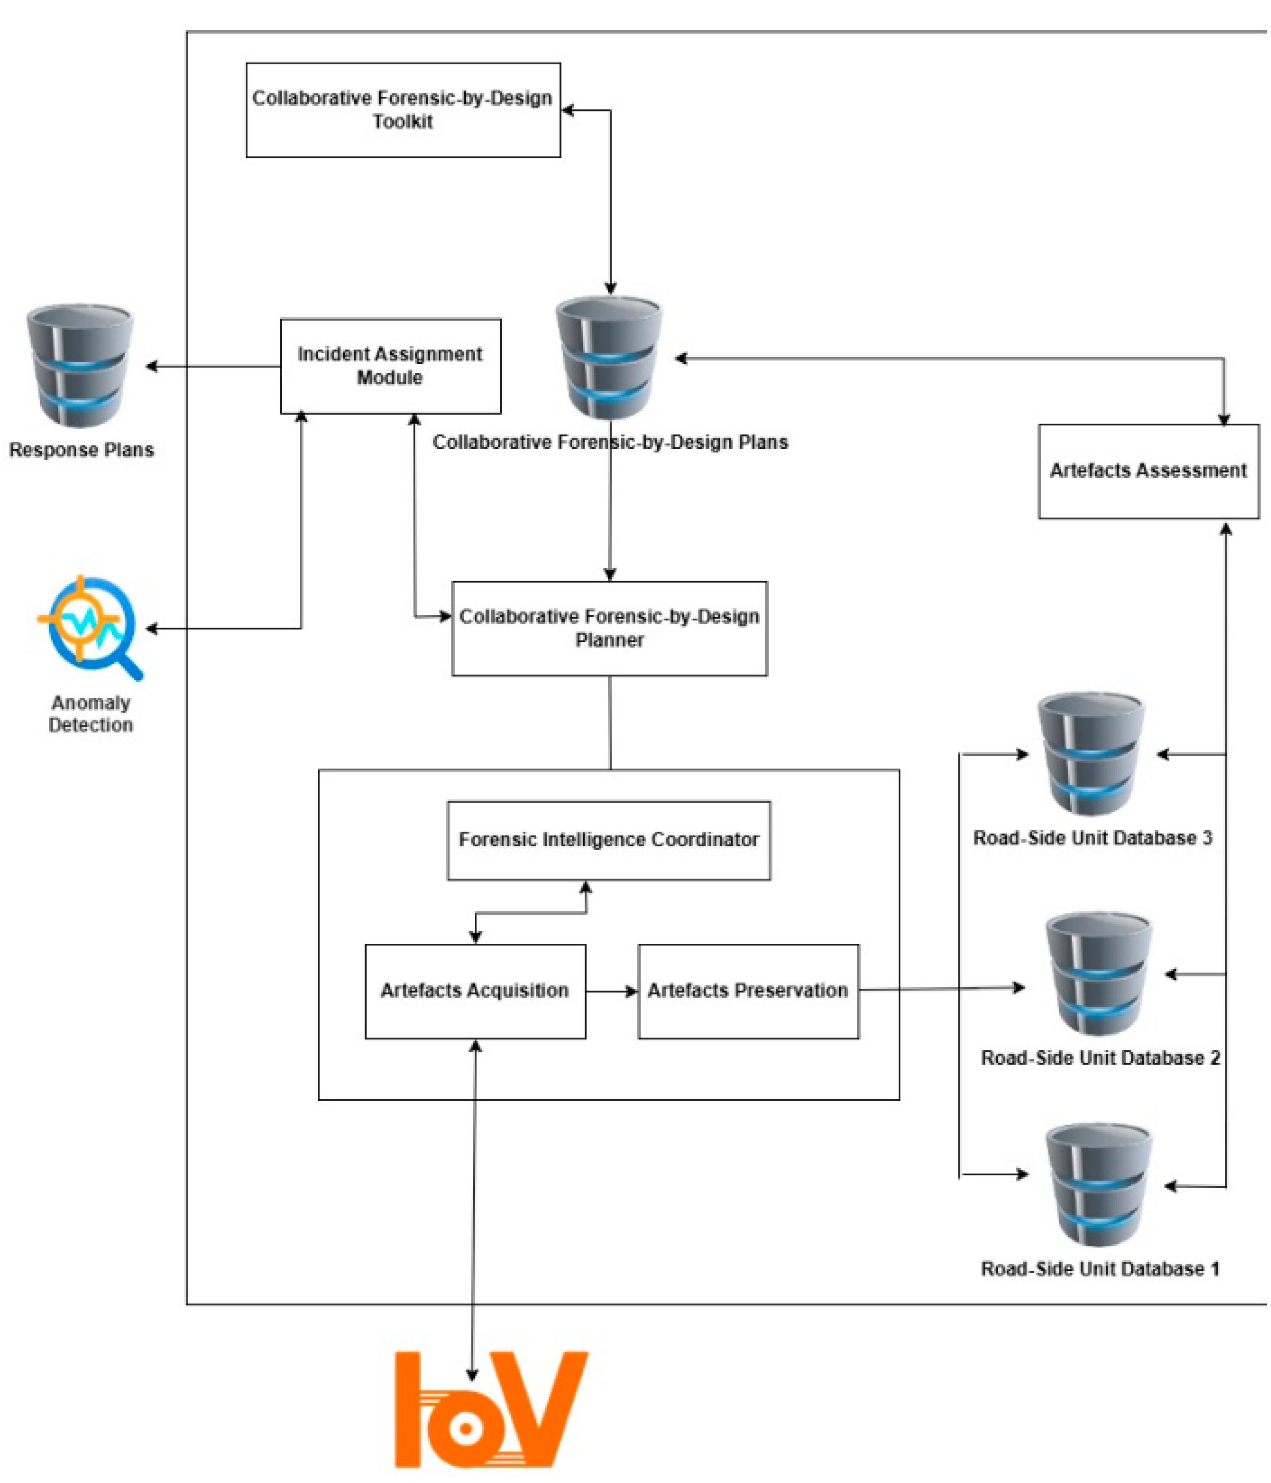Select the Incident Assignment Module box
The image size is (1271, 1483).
point(390,366)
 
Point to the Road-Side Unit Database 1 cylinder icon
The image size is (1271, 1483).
point(1097,1185)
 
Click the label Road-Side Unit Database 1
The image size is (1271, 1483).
point(1099,1268)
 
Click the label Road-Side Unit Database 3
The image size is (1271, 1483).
point(1092,838)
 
